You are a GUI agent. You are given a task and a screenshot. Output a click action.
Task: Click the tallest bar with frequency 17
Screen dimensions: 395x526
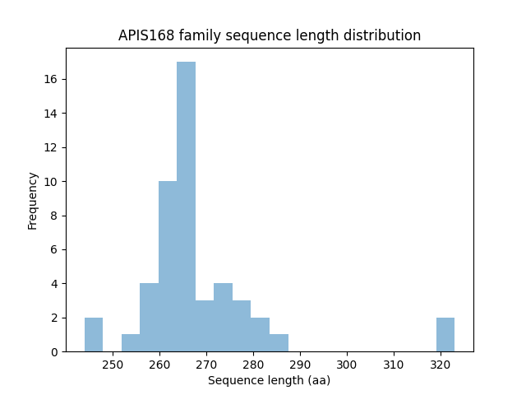[x=186, y=207]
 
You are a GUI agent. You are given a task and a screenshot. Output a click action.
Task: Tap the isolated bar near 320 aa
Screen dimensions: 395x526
[x=445, y=334]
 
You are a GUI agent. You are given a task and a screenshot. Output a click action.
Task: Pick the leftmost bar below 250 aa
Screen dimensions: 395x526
[x=94, y=334]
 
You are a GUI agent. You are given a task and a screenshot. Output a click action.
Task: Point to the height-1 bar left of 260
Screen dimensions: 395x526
[x=131, y=342]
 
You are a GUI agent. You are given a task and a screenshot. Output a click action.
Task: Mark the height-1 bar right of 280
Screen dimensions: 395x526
[x=279, y=342]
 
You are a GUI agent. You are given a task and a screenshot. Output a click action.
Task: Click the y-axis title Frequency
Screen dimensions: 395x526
[x=33, y=200]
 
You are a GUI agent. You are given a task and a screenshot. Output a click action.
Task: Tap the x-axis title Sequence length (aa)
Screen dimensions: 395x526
[x=269, y=380]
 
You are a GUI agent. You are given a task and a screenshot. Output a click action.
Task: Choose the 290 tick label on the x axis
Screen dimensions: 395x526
[x=300, y=363]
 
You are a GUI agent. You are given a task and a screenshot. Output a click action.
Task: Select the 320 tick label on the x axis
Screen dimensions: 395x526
[x=441, y=363]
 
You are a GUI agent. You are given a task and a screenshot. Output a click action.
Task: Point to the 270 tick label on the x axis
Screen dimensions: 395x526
[x=206, y=363]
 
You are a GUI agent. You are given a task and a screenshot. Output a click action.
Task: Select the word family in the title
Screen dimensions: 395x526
[x=196, y=35]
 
